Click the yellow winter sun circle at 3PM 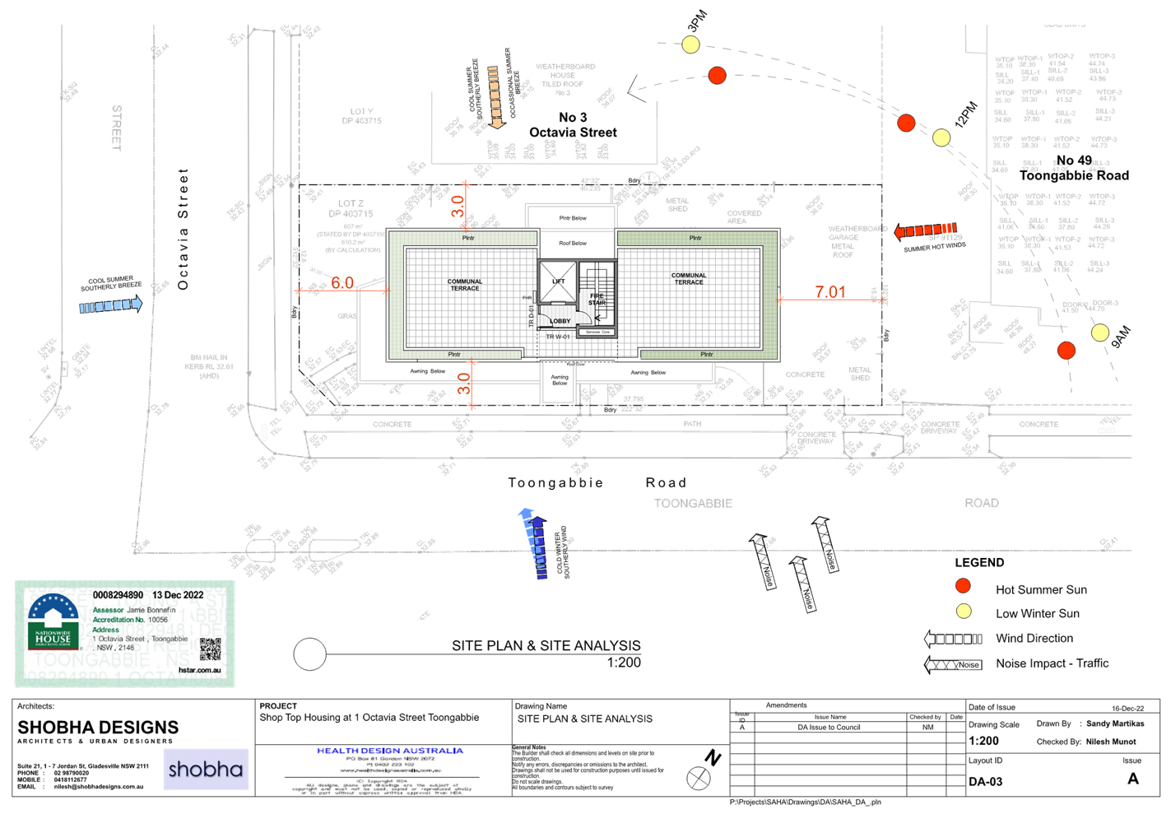click(690, 44)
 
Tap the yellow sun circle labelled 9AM click(1100, 333)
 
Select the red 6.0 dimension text click(342, 283)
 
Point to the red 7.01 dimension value click(830, 292)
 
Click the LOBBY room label click(560, 321)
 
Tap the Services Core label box click(597, 332)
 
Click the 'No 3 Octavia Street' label click(573, 125)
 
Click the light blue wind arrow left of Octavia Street click(111, 305)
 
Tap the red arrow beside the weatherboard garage click(925, 230)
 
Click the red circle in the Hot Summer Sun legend click(963, 587)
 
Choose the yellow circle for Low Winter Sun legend click(963, 612)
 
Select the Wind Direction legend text click(1034, 638)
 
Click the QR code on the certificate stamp click(211, 649)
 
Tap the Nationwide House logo click(53, 621)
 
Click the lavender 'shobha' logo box click(206, 770)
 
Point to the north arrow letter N click(713, 758)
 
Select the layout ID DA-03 click(985, 781)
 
